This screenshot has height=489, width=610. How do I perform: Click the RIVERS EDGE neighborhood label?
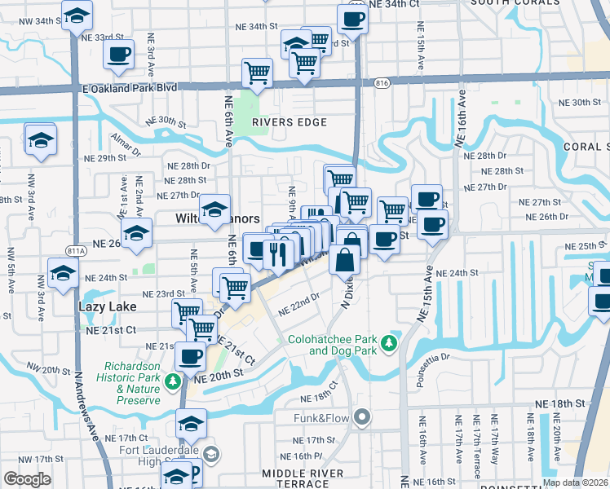289,122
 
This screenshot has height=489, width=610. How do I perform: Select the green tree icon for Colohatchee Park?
391,341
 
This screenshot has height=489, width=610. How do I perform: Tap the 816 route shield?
382,82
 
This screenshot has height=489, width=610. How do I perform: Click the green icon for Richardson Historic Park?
173,381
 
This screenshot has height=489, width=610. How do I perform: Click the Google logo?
27,479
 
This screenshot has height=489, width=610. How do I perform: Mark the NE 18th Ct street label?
319,393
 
